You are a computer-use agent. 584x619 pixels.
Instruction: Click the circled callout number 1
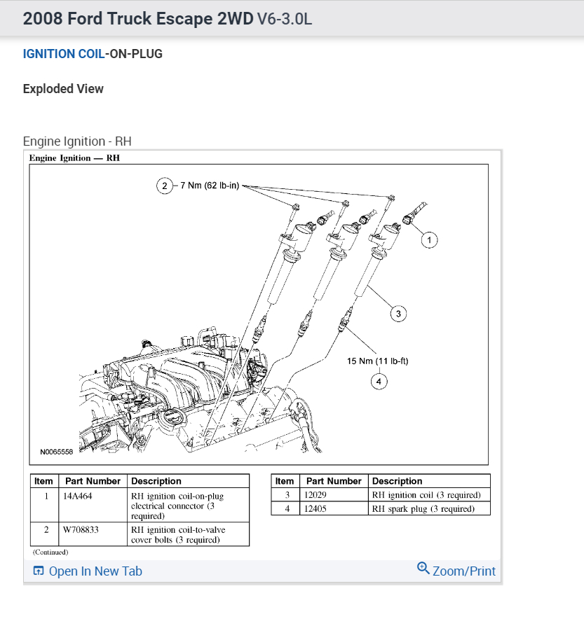(429, 240)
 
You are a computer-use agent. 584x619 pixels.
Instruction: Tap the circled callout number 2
(164, 186)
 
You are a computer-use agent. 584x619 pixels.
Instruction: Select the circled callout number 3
(398, 314)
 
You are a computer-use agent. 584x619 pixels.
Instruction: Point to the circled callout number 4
(379, 382)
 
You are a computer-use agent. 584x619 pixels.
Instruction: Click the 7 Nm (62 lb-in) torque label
(211, 186)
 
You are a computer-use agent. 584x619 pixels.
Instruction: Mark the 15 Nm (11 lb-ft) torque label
(377, 361)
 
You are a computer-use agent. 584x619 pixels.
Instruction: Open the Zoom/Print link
(463, 571)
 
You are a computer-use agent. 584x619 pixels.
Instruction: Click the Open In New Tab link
(95, 571)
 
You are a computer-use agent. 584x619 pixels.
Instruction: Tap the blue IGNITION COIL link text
(63, 54)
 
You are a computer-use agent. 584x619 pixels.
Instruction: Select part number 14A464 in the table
(78, 496)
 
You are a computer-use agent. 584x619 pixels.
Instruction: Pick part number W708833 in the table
(81, 530)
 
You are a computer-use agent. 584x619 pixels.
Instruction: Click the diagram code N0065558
(56, 452)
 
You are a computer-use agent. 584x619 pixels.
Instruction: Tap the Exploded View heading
(63, 89)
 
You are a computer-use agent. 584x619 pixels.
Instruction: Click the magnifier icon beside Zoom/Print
(423, 568)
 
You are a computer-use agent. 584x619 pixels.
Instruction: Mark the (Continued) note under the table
(50, 552)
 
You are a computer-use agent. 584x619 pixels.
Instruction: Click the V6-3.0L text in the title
(285, 18)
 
